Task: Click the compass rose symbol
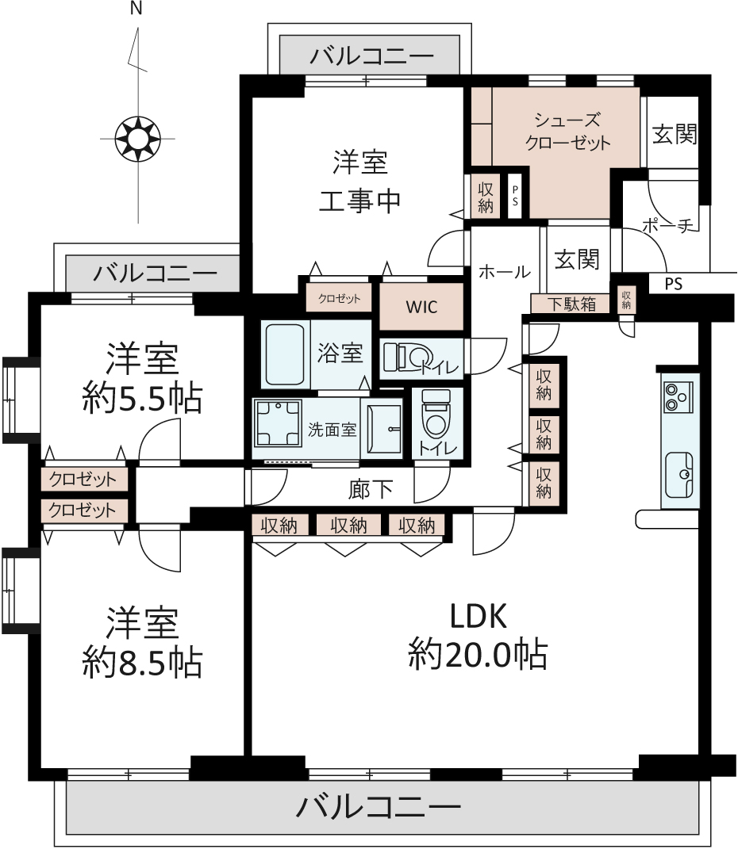138,139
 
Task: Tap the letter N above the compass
136,9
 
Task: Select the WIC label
421,307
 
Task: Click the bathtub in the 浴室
286,354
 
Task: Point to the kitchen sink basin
679,475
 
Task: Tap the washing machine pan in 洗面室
279,423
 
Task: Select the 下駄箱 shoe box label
571,304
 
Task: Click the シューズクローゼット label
567,131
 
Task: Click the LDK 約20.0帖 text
478,636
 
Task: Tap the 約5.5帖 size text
143,399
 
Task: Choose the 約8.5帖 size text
143,662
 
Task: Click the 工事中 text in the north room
359,201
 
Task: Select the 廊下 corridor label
370,489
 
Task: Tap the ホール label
505,271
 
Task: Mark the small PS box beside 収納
515,196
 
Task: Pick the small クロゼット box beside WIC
339,298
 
